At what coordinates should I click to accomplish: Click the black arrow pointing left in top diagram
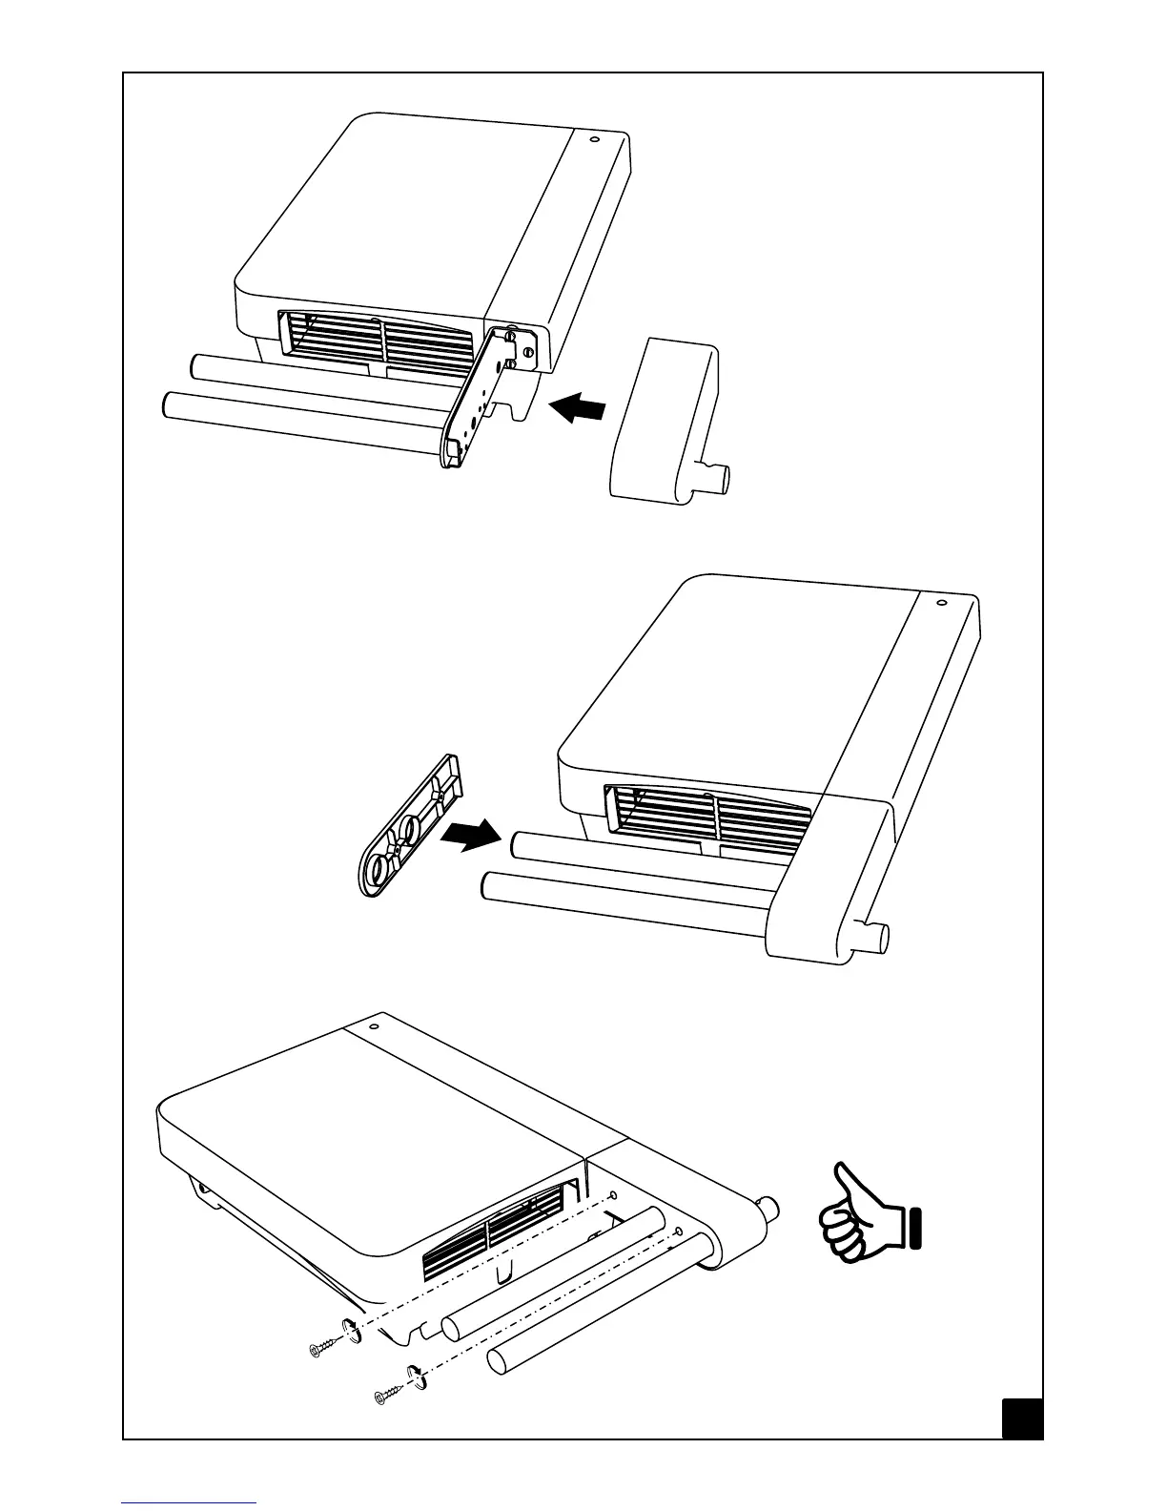[x=578, y=409]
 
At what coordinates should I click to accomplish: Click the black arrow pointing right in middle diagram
[x=471, y=836]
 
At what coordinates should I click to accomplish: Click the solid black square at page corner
[x=1022, y=1418]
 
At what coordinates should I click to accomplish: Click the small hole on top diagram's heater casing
[x=595, y=140]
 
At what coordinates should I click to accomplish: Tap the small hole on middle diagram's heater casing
[x=940, y=602]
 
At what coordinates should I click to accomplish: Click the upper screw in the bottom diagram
[x=322, y=1347]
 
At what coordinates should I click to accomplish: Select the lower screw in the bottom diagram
[x=388, y=1396]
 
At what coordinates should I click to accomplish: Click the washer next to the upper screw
[x=349, y=1329]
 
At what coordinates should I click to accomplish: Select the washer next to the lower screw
[x=417, y=1376]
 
